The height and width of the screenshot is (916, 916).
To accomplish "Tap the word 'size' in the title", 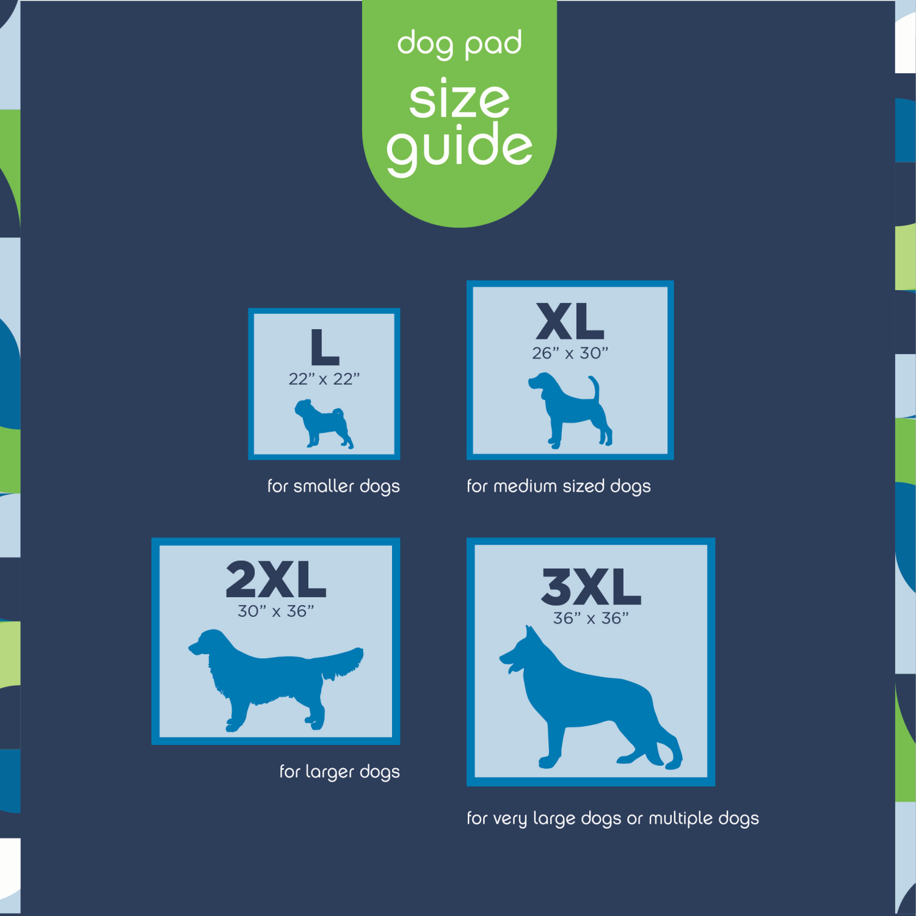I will (x=459, y=99).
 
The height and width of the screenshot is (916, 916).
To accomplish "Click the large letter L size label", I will (x=324, y=347).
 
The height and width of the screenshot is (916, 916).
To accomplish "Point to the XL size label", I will (x=570, y=322).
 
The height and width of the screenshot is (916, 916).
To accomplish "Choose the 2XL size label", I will (x=275, y=580).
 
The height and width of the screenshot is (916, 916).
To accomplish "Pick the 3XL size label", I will (x=591, y=587).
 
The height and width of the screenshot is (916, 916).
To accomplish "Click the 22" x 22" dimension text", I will (x=324, y=379).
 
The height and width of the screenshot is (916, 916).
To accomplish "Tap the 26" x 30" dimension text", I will (x=570, y=353).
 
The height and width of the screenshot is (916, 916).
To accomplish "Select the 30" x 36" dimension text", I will (x=275, y=611).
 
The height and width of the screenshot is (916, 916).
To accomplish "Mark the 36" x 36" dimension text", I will (x=591, y=619).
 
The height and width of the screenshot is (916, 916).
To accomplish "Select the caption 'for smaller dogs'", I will (x=333, y=486).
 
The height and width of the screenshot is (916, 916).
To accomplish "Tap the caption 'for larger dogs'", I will (x=340, y=772).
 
